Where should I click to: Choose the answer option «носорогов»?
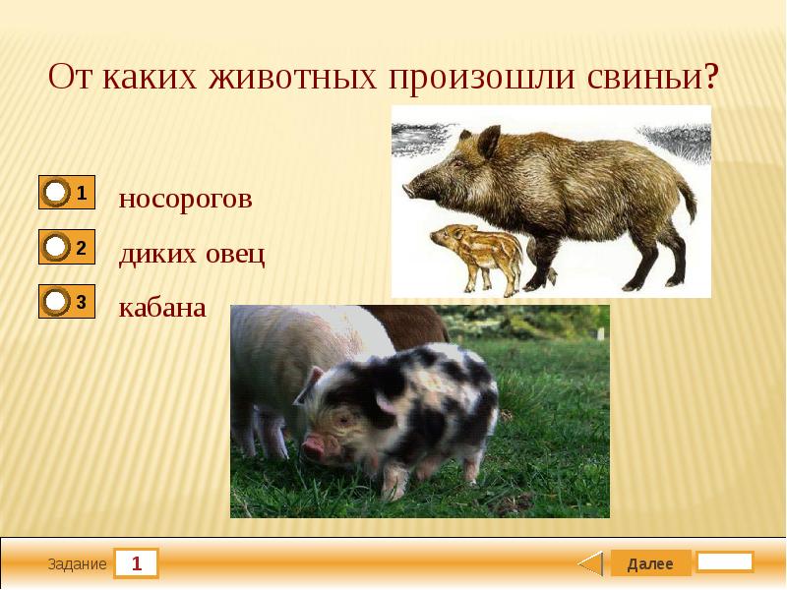pos(185,200)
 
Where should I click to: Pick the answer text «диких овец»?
pos(192,255)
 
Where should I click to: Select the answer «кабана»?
pos(162,308)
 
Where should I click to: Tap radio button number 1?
pos(57,193)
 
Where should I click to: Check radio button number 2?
pos(57,248)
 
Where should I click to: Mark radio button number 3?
pos(57,302)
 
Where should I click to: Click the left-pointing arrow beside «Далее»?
pos(589,563)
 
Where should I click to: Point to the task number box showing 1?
pos(137,564)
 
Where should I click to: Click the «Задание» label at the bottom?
pos(76,564)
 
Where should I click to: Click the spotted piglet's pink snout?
pos(314,448)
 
